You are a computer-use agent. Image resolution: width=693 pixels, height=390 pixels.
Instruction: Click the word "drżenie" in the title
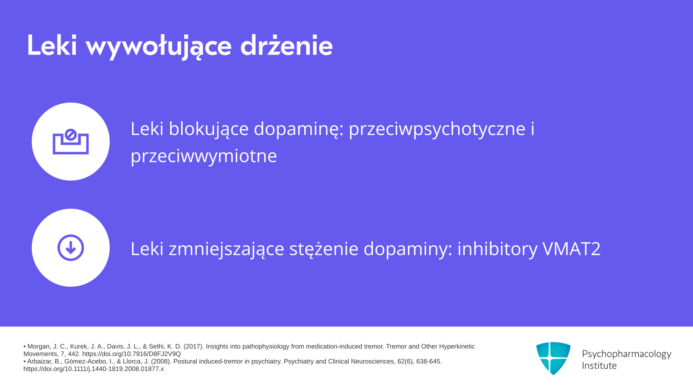click(287, 45)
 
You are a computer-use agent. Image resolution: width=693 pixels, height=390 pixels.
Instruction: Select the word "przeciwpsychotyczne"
click(437, 129)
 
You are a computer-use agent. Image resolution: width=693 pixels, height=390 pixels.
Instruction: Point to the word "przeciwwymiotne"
click(204, 156)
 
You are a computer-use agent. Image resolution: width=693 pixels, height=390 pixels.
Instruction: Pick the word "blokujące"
click(209, 129)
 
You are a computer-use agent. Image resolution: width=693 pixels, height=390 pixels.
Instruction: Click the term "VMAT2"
click(572, 249)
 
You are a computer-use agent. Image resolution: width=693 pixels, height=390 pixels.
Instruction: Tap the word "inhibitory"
click(497, 249)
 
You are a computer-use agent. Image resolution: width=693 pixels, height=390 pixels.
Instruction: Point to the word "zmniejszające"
click(226, 249)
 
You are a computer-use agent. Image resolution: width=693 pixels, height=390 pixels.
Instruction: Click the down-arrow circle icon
click(71, 248)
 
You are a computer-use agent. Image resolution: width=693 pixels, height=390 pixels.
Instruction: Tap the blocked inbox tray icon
click(71, 142)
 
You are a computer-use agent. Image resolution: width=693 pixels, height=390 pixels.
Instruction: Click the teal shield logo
click(553, 358)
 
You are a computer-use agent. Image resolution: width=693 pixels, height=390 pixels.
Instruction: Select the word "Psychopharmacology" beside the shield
click(627, 354)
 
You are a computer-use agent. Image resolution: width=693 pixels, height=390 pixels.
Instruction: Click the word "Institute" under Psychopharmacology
click(599, 366)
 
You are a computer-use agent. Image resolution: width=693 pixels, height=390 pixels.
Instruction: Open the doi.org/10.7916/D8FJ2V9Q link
click(131, 354)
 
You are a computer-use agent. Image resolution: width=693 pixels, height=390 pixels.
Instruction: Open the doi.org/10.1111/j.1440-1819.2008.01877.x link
click(93, 369)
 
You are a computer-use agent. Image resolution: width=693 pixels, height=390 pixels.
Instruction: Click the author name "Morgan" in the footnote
click(39, 347)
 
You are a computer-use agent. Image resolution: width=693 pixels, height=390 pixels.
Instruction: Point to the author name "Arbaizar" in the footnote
click(39, 361)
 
